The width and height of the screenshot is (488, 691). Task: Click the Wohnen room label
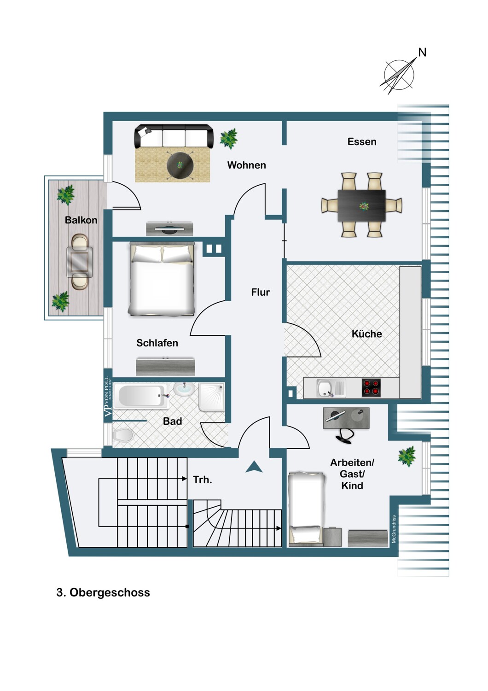click(246, 165)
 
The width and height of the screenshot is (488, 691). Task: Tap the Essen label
click(362, 141)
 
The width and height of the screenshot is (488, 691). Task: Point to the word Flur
click(261, 292)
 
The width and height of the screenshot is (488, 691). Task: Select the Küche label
click(367, 334)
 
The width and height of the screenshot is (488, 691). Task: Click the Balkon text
click(81, 220)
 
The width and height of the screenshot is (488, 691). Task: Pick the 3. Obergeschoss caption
click(103, 592)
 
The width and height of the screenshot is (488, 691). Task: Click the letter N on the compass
click(422, 53)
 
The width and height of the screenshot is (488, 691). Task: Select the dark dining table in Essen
click(361, 205)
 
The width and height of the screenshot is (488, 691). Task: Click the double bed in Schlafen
click(163, 279)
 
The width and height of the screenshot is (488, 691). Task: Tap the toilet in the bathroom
click(123, 435)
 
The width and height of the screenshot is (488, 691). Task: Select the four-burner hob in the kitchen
click(371, 387)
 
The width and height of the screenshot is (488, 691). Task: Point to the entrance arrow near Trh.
click(254, 467)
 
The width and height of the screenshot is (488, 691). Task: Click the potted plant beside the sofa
click(228, 138)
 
